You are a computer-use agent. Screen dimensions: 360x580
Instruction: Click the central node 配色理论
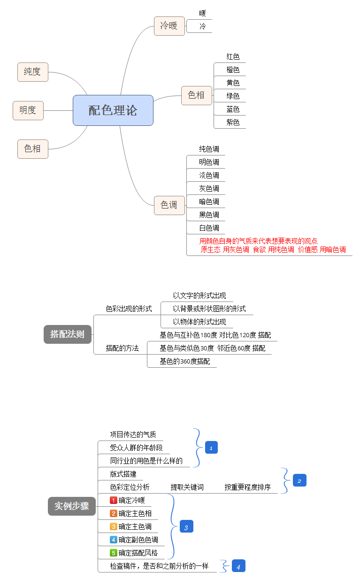[113, 110]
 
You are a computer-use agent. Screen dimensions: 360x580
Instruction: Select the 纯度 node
[32, 72]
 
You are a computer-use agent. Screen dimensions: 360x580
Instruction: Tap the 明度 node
[28, 110]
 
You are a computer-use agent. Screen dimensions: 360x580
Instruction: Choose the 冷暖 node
[169, 26]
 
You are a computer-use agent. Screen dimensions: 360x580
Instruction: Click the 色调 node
[169, 205]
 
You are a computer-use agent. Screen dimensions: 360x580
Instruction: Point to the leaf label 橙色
[233, 70]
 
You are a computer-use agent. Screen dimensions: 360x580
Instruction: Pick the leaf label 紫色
[233, 123]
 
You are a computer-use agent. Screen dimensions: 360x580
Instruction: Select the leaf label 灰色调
[209, 189]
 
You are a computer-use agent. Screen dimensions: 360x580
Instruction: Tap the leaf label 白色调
[209, 228]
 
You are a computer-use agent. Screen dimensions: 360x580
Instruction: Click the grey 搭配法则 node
[67, 334]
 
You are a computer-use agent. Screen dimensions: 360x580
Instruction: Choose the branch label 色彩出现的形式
[129, 309]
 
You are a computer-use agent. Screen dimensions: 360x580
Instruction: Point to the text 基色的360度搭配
[184, 362]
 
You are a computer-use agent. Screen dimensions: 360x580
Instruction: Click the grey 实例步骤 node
[71, 506]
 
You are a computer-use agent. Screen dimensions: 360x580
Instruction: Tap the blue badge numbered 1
[211, 448]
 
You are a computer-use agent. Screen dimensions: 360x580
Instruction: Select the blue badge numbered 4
[238, 566]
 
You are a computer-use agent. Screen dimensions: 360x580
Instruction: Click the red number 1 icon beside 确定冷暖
[113, 500]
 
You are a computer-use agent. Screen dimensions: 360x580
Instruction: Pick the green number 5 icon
[113, 553]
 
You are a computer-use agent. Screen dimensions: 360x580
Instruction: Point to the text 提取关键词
[187, 487]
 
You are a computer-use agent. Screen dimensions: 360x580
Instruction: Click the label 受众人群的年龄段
[136, 448]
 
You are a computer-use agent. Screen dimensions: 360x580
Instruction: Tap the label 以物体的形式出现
[199, 322]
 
